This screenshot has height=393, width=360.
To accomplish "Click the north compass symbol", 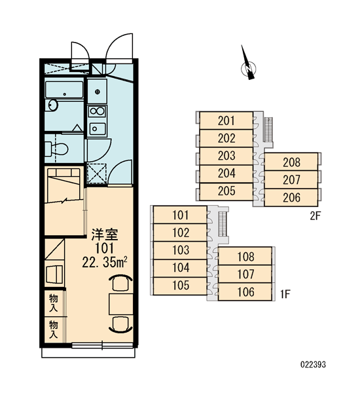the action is click(x=248, y=65).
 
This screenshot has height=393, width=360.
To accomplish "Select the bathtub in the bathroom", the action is click(x=64, y=90).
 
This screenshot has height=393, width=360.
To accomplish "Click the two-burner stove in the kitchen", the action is click(x=98, y=111).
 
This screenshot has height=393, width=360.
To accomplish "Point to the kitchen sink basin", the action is click(x=98, y=129).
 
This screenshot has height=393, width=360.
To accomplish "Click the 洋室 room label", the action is click(x=105, y=234).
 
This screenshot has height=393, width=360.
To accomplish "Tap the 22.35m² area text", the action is click(x=105, y=262).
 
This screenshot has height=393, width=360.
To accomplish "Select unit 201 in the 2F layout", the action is click(x=226, y=121).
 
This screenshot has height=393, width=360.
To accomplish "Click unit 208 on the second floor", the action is click(x=291, y=162).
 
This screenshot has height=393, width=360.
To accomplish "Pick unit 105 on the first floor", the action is click(x=181, y=286).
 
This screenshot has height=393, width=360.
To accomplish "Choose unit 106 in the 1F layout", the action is click(x=245, y=291).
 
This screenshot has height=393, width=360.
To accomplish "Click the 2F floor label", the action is click(x=315, y=215).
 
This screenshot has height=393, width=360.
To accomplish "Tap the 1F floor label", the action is click(x=285, y=294).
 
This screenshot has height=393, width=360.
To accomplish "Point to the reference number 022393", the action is click(x=313, y=364).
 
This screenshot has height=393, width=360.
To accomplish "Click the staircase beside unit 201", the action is click(x=268, y=129).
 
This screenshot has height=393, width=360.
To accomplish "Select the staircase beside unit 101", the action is click(x=223, y=224).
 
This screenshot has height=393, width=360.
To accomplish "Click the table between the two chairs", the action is click(x=121, y=305).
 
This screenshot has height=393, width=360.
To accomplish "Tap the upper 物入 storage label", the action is click(x=54, y=303).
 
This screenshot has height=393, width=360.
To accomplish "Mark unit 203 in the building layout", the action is click(x=226, y=156).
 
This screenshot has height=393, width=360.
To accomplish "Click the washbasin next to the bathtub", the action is click(x=52, y=105).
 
